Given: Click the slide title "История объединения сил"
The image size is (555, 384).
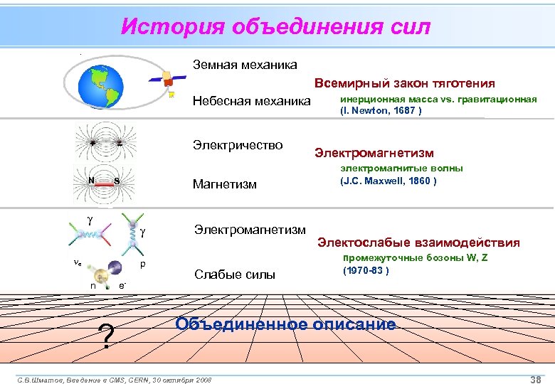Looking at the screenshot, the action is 275,27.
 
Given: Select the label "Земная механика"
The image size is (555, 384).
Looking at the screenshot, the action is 245,65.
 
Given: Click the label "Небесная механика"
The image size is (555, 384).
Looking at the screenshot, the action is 252,102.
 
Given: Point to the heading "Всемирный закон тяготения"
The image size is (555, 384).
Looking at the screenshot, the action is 405,84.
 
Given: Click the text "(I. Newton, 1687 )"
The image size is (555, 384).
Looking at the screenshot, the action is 381,111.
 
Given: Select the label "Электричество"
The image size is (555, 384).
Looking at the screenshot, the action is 238,146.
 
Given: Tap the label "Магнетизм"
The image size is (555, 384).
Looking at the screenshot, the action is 224,185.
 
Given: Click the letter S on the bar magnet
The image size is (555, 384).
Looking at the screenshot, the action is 116,181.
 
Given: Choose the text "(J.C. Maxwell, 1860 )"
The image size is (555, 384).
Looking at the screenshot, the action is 388,181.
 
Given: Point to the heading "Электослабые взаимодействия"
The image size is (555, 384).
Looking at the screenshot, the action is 418,242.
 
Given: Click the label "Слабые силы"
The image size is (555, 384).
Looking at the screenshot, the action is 234,275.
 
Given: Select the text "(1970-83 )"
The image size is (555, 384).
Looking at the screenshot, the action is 365,271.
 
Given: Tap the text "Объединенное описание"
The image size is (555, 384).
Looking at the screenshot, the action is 285,325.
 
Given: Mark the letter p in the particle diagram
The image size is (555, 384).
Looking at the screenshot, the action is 143,265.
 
